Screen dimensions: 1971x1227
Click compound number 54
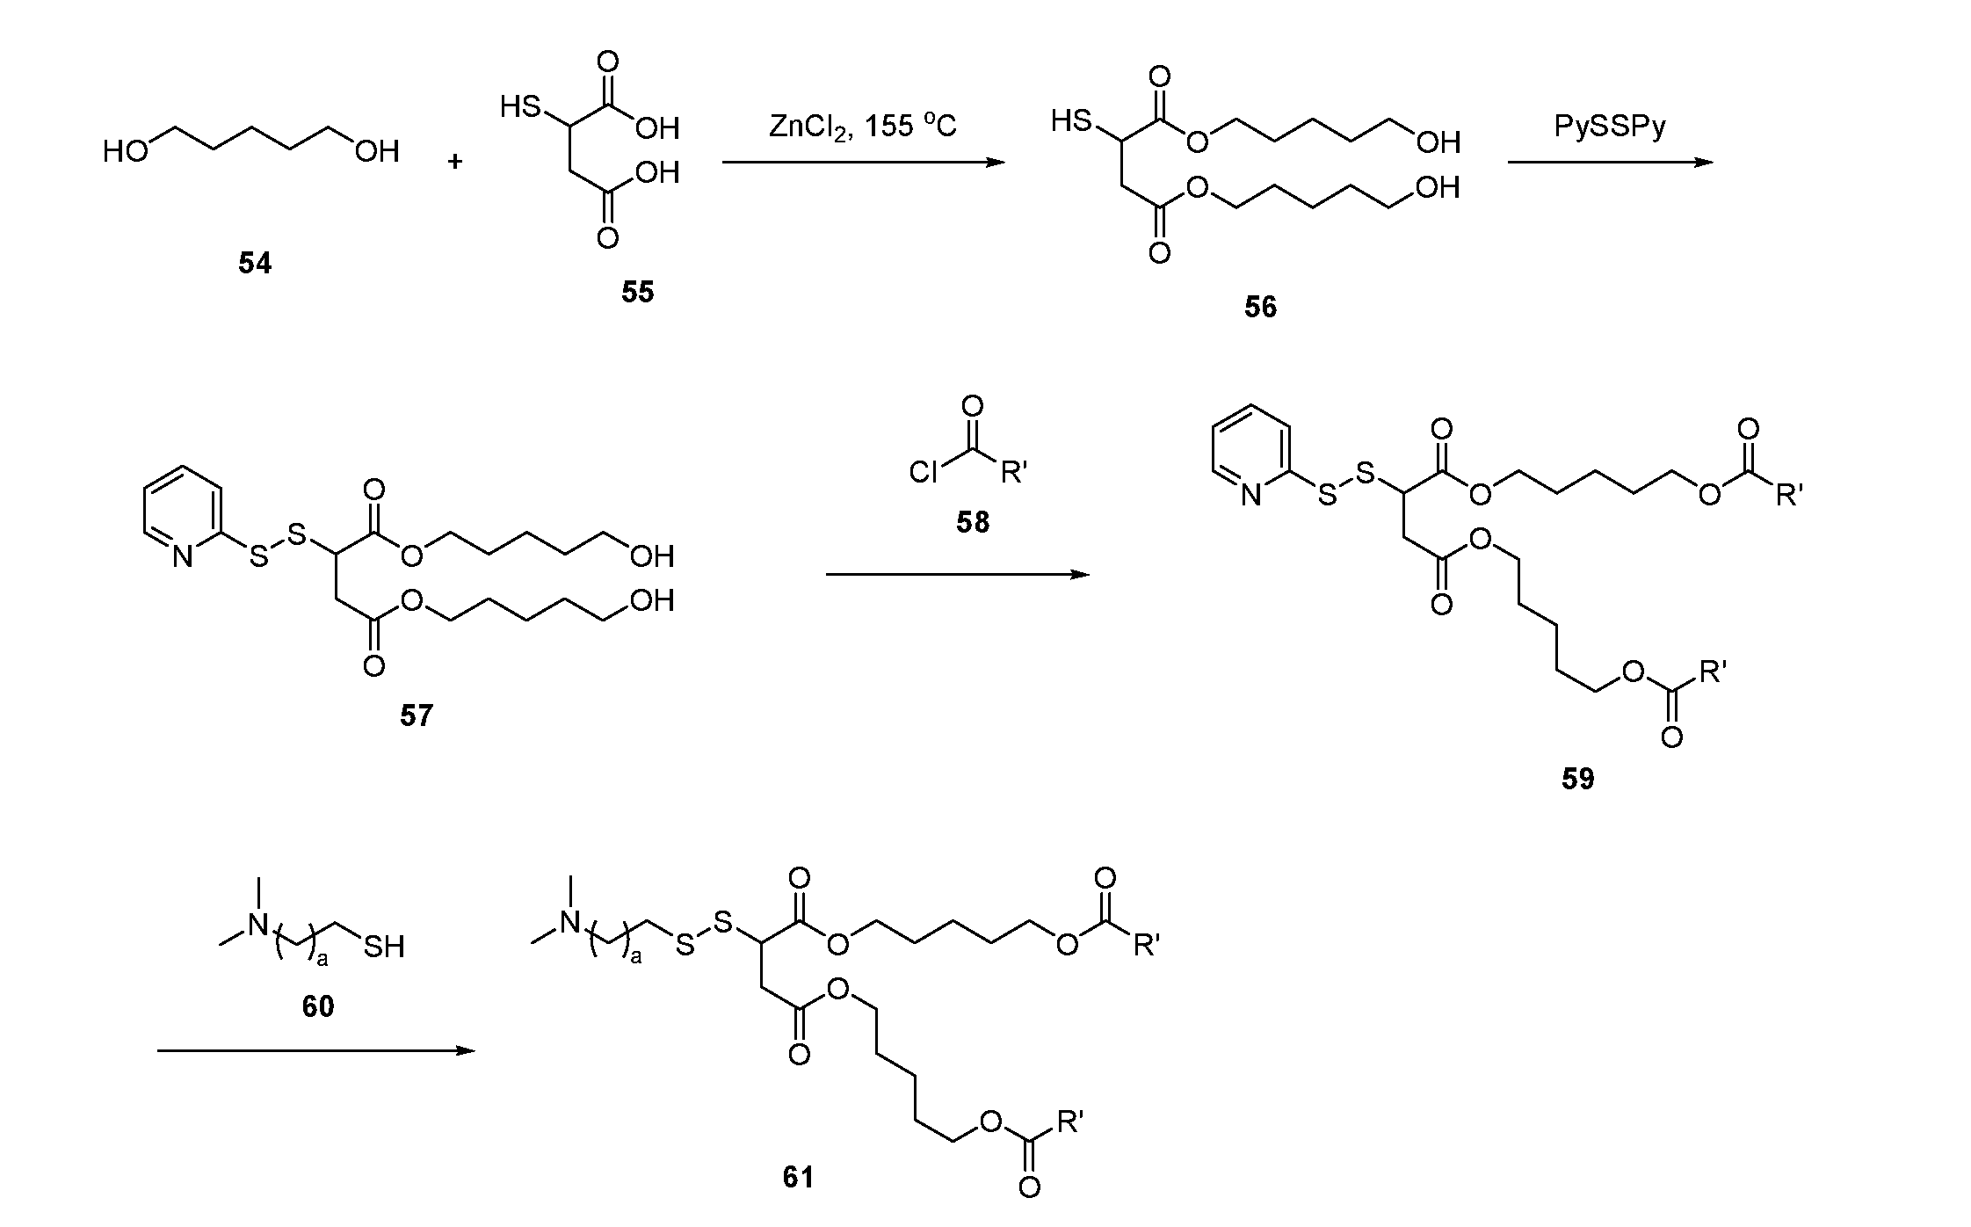(x=255, y=263)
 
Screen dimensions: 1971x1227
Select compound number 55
(x=638, y=292)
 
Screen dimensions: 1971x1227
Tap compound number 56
(x=1260, y=307)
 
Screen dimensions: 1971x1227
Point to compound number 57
(x=417, y=715)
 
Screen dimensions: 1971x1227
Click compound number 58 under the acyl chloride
(x=973, y=522)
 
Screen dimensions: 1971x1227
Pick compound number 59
(x=1578, y=779)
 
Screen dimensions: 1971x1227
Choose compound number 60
(x=318, y=1006)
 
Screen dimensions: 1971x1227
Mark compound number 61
(x=798, y=1177)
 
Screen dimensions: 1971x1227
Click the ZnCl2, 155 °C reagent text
(x=863, y=127)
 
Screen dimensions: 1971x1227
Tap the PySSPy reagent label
(x=1610, y=127)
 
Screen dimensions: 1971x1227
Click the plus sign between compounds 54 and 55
(x=455, y=162)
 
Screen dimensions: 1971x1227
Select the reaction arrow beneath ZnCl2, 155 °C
(x=864, y=163)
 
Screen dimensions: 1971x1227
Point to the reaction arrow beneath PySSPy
(x=1610, y=163)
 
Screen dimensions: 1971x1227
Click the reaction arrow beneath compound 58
(x=957, y=575)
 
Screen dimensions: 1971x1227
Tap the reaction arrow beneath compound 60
(x=315, y=1050)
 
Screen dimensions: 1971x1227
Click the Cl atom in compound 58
(x=924, y=475)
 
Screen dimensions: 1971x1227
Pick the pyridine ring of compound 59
(x=1250, y=454)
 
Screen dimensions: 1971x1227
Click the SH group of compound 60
(x=384, y=947)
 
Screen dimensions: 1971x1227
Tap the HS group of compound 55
(x=519, y=108)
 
